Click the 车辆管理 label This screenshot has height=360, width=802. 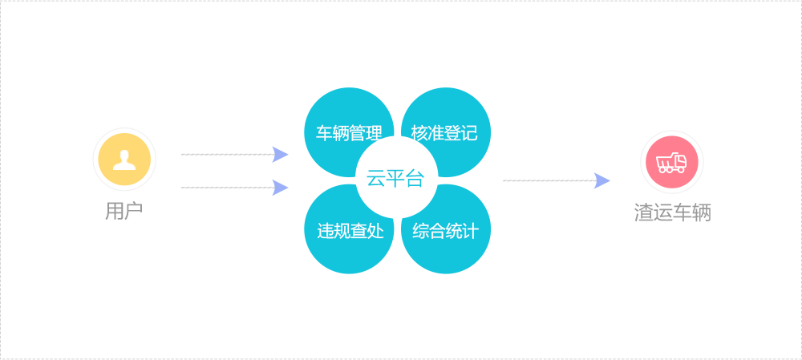pyautogui.click(x=349, y=133)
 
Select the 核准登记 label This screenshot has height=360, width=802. pyautogui.click(x=444, y=133)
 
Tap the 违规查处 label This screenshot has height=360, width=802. pyautogui.click(x=350, y=232)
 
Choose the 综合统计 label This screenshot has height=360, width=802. pyautogui.click(x=446, y=232)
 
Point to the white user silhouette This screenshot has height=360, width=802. pyautogui.click(x=124, y=160)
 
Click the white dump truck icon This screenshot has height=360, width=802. pyautogui.click(x=671, y=163)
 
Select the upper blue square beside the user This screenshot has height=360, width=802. pyautogui.click(x=280, y=155)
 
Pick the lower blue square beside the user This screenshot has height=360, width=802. pyautogui.click(x=280, y=188)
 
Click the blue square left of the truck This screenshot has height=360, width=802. pyautogui.click(x=602, y=181)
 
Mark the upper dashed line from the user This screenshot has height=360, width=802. pyautogui.click(x=225, y=154)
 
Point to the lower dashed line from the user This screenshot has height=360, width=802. pyautogui.click(x=225, y=188)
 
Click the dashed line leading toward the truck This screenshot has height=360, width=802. pyautogui.click(x=547, y=181)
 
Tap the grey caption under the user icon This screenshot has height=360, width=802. pyautogui.click(x=124, y=212)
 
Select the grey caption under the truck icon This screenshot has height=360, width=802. pyautogui.click(x=672, y=213)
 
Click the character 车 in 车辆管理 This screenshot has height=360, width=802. pyautogui.click(x=324, y=133)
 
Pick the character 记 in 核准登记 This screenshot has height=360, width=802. pyautogui.click(x=469, y=133)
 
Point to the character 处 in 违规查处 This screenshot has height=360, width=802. pyautogui.click(x=375, y=232)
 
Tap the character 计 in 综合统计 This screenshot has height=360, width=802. pyautogui.click(x=471, y=232)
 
